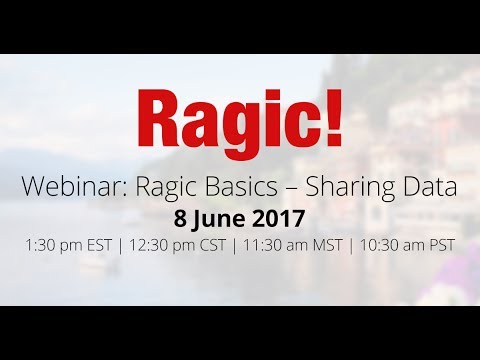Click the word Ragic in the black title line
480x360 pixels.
pyautogui.click(x=167, y=188)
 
